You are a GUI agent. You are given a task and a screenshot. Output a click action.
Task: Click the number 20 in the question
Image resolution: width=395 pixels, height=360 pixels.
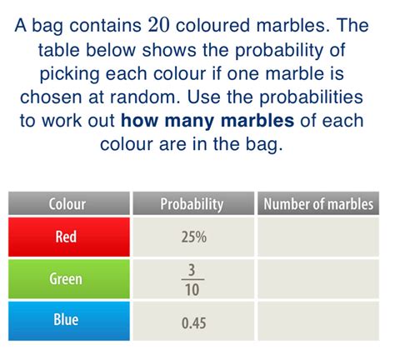pyautogui.click(x=158, y=25)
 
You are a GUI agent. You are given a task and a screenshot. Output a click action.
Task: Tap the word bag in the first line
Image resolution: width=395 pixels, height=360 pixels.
pyautogui.click(x=47, y=27)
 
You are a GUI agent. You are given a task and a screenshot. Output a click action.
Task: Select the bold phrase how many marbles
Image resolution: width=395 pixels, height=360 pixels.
pyautogui.click(x=207, y=122)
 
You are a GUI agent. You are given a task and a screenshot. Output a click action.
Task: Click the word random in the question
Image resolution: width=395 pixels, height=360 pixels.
pyautogui.click(x=145, y=97)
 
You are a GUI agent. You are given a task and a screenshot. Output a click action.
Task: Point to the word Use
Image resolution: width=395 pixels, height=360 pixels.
pyautogui.click(x=203, y=97)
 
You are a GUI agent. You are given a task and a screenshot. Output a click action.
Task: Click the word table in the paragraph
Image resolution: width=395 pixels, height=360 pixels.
pyautogui.click(x=59, y=50)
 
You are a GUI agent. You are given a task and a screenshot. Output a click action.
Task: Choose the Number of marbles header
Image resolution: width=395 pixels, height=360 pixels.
pyautogui.click(x=318, y=203)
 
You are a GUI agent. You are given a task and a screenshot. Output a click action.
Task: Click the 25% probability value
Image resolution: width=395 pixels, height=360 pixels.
pyautogui.click(x=194, y=237)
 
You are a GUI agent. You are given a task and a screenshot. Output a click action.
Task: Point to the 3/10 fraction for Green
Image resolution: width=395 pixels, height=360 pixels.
pyautogui.click(x=192, y=279)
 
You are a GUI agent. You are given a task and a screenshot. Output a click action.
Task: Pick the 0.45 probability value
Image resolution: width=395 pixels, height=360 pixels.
pyautogui.click(x=194, y=323)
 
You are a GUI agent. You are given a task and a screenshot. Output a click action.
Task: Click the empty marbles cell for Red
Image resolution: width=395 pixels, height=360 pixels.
pyautogui.click(x=318, y=237)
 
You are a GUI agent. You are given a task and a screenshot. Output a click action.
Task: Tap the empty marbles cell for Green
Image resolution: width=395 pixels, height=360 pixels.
pyautogui.click(x=318, y=278)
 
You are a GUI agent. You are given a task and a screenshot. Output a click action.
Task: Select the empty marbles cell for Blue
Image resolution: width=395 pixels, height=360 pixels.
pyautogui.click(x=318, y=321)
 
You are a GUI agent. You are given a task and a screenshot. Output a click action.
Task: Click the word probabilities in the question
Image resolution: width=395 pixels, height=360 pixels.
pyautogui.click(x=311, y=97)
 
